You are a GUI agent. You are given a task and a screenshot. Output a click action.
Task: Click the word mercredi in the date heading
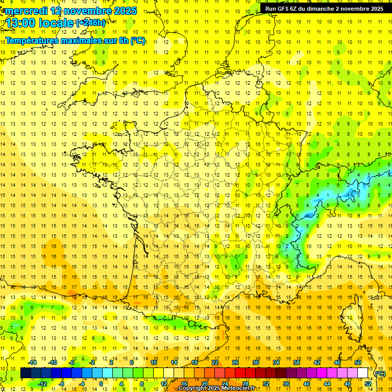pyautogui.click(x=26, y=11)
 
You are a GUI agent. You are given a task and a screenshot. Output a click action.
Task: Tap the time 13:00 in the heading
pyautogui.click(x=22, y=23)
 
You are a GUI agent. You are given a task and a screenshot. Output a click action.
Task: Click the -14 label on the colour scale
pyautogui.click(x=33, y=362)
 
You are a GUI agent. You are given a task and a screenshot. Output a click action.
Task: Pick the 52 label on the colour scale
pyautogui.click(x=369, y=383)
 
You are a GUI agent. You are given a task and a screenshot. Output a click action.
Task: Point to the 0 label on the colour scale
pyautogui.click(x=101, y=383)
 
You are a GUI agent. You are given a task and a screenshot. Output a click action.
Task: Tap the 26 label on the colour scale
pyautogui.click(x=235, y=362)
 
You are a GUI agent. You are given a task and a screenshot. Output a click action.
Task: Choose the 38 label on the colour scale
pyautogui.click(x=297, y=362)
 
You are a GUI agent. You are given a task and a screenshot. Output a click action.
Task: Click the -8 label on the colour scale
pyautogui.click(x=61, y=383)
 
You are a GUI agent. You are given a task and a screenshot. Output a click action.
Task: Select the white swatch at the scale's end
pyautogui.click(x=363, y=373)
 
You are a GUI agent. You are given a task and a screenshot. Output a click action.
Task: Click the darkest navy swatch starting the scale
pyautogui.click(x=26, y=373)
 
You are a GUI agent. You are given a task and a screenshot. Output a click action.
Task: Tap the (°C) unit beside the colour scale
pyautogui.click(x=380, y=374)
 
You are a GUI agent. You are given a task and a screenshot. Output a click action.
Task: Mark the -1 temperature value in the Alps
pyautogui.click(x=349, y=195)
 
